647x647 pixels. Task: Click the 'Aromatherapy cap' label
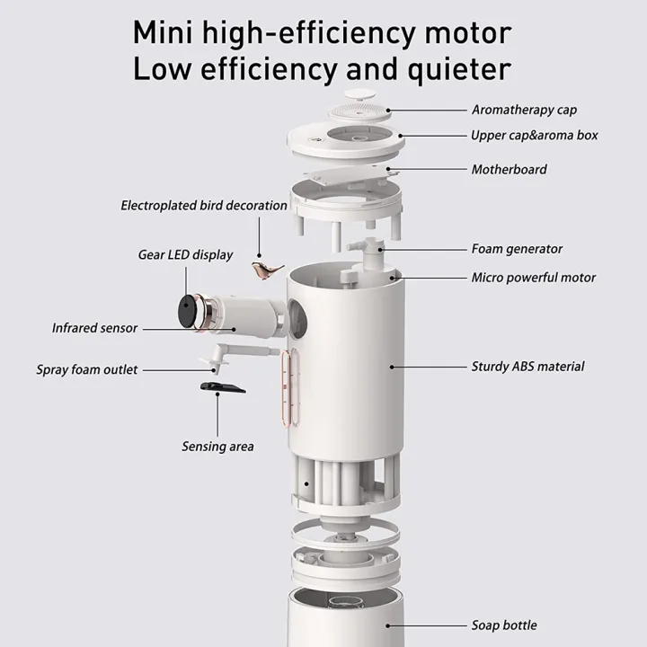pyautogui.click(x=524, y=111)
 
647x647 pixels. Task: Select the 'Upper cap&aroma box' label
pyautogui.click(x=534, y=136)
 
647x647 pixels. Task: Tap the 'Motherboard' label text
pyautogui.click(x=509, y=170)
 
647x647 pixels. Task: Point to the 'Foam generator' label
pyautogui.click(x=517, y=250)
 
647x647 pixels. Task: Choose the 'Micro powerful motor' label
pyautogui.click(x=533, y=278)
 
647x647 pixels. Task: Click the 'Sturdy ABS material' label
pyautogui.click(x=527, y=367)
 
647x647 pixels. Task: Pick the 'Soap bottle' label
pyautogui.click(x=504, y=625)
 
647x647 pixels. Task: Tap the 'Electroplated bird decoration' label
pyautogui.click(x=204, y=206)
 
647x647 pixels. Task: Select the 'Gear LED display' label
pyautogui.click(x=185, y=255)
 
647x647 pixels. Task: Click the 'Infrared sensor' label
pyautogui.click(x=94, y=328)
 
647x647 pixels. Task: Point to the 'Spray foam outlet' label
pyautogui.click(x=87, y=369)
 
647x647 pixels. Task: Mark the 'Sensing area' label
pyautogui.click(x=217, y=447)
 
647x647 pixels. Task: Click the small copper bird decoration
pyautogui.click(x=266, y=271)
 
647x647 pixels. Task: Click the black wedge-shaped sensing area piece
pyautogui.click(x=218, y=387)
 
